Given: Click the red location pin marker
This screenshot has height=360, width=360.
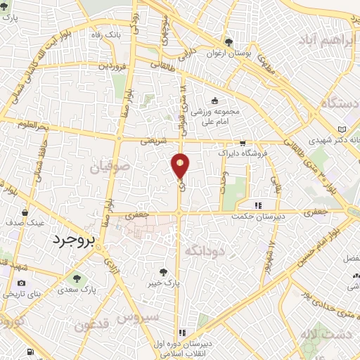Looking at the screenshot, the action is click(x=181, y=165).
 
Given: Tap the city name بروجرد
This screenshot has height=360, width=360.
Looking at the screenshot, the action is click(x=78, y=240).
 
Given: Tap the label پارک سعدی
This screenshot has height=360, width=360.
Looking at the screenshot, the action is click(x=77, y=289).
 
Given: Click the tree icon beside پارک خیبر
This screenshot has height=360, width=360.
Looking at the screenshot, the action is click(x=163, y=271).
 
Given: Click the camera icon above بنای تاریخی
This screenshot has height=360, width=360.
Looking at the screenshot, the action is click(x=20, y=283).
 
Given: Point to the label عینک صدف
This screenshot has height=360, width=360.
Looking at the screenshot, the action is click(x=26, y=221).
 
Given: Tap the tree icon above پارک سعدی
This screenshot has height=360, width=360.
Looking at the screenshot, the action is click(x=77, y=277).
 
